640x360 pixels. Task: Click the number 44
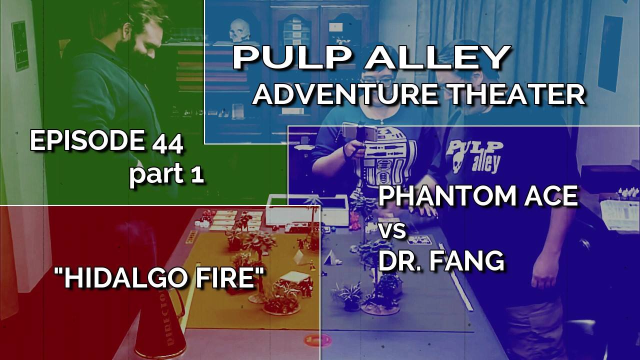[167, 144]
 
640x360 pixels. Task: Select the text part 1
[166, 174]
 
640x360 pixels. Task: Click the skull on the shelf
[239, 29]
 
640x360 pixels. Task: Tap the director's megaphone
[159, 320]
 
